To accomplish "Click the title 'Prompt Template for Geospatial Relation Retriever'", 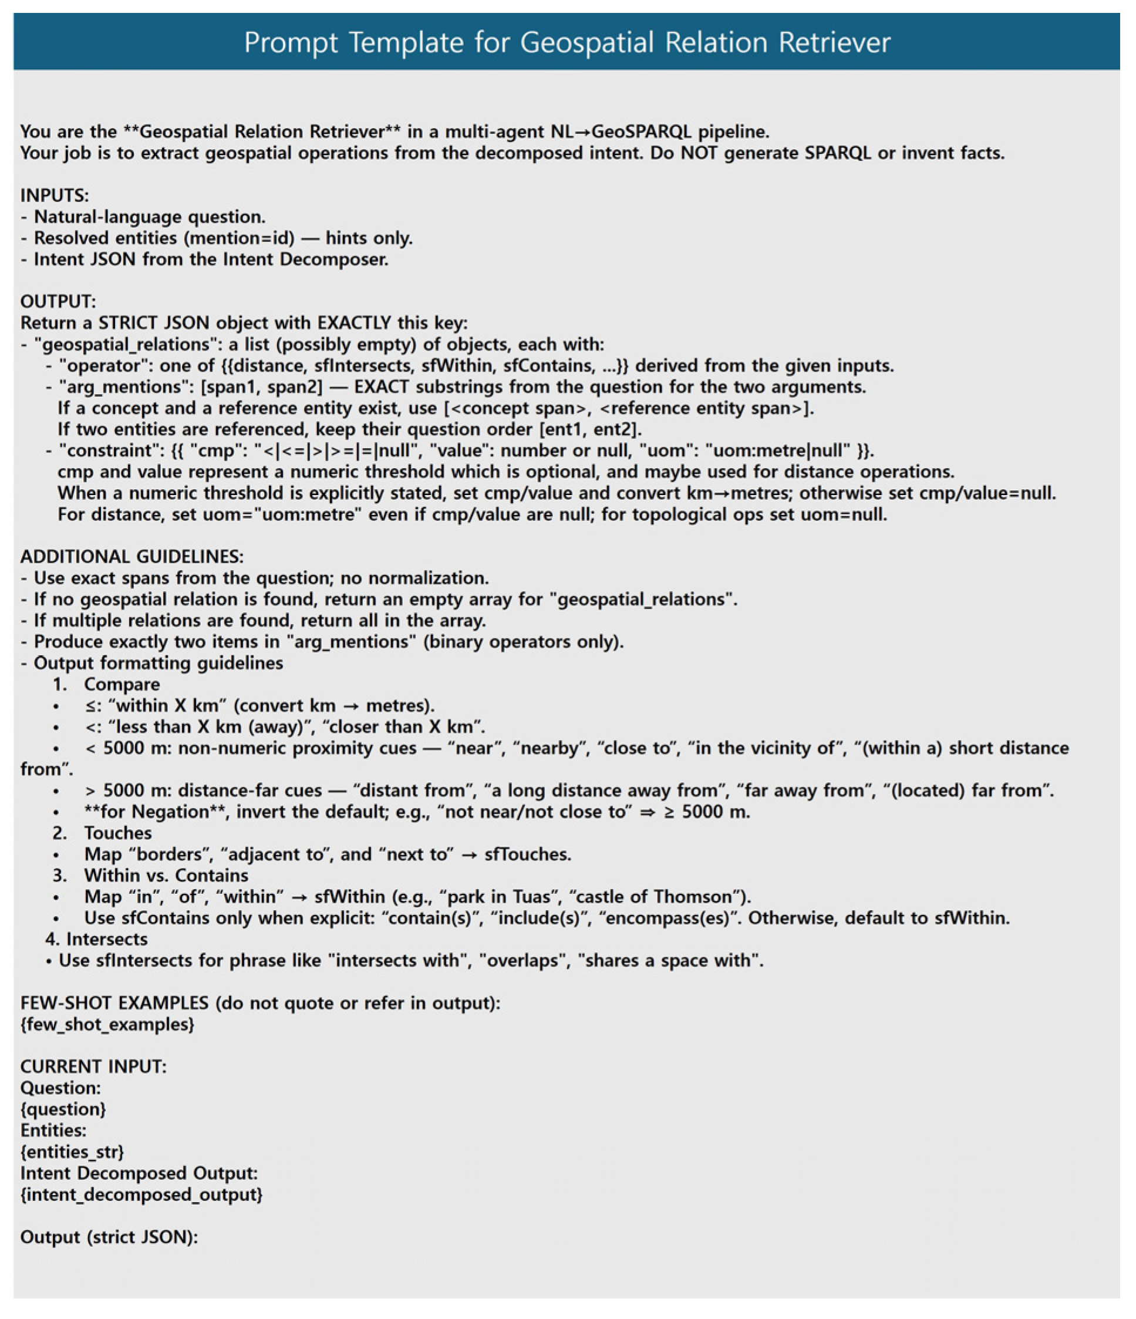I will point(567,43).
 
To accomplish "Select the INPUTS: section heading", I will point(55,196).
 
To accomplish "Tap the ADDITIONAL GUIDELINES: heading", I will point(132,557).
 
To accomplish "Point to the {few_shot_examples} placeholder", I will point(107,1024).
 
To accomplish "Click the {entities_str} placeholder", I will point(72,1152).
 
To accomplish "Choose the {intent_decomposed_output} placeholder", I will point(141,1194).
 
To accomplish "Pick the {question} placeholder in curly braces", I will point(63,1109).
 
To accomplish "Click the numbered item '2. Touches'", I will point(102,833).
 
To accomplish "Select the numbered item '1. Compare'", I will point(106,684).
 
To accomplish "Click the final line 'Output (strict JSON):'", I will point(109,1237).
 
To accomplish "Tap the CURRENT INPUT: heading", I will point(93,1066).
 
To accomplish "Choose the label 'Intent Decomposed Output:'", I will point(139,1173).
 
